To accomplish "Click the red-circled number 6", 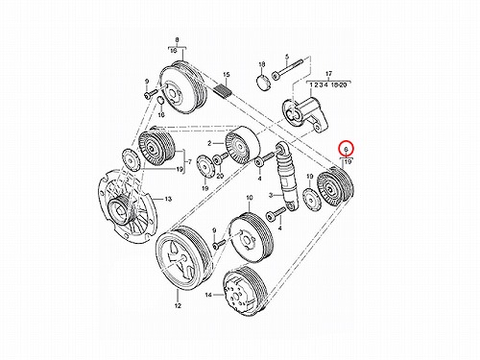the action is pyautogui.click(x=346, y=149).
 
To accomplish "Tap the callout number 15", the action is pyautogui.click(x=227, y=75).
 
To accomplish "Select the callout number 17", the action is pyautogui.click(x=328, y=74).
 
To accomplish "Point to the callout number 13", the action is pyautogui.click(x=168, y=199).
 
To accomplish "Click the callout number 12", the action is pyautogui.click(x=178, y=305).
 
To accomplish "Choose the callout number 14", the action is pyautogui.click(x=208, y=295).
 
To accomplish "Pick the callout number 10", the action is pyautogui.click(x=250, y=198).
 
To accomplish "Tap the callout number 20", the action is pyautogui.click(x=220, y=176).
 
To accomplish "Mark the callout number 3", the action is pyautogui.click(x=271, y=195).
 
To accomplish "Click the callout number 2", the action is pyautogui.click(x=209, y=144).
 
